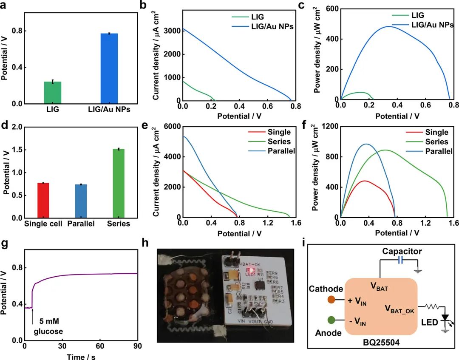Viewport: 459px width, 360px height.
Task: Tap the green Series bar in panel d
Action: [119, 184]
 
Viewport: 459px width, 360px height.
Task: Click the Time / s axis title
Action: [81, 357]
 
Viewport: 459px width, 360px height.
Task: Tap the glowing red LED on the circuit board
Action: [252, 269]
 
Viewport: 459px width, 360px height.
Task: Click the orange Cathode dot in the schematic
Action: [331, 300]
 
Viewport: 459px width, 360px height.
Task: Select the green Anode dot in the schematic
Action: [331, 320]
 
